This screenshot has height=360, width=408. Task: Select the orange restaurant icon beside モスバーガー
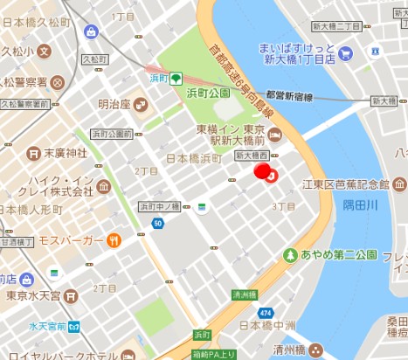tap(114, 240)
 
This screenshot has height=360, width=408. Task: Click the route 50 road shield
tap(157, 225)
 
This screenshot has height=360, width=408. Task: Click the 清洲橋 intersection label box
tap(246, 295)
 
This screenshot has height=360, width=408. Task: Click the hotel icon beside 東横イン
tap(274, 135)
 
